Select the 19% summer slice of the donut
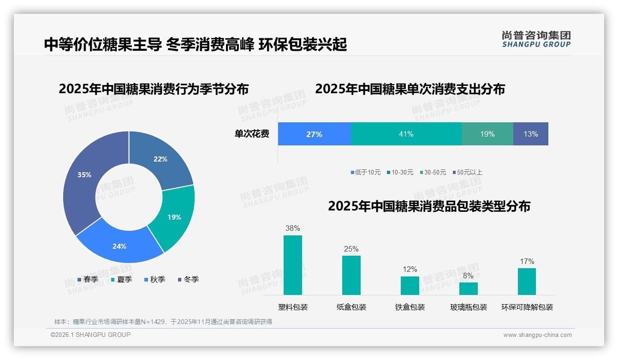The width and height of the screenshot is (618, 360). [x=174, y=217]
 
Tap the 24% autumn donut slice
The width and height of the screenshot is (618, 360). [x=119, y=246]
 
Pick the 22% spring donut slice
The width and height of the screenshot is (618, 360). [x=160, y=159]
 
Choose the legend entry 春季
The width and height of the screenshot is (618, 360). [x=88, y=279]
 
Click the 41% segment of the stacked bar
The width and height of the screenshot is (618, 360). [x=406, y=134]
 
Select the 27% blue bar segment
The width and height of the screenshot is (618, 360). [x=314, y=134]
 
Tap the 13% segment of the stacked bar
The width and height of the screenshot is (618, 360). [x=530, y=134]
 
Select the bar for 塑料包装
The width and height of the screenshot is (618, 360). [x=292, y=265]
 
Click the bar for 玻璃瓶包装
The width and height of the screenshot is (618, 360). [x=468, y=288]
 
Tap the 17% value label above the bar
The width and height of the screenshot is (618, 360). [x=527, y=262]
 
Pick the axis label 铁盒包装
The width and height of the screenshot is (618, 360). [x=410, y=307]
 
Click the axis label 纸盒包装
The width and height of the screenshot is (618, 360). [x=351, y=307]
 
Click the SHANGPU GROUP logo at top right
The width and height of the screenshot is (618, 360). [x=536, y=39]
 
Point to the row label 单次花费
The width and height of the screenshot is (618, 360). [x=252, y=134]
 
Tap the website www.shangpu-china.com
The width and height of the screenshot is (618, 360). [x=537, y=335]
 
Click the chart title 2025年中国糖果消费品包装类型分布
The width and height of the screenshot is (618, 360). [x=429, y=206]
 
